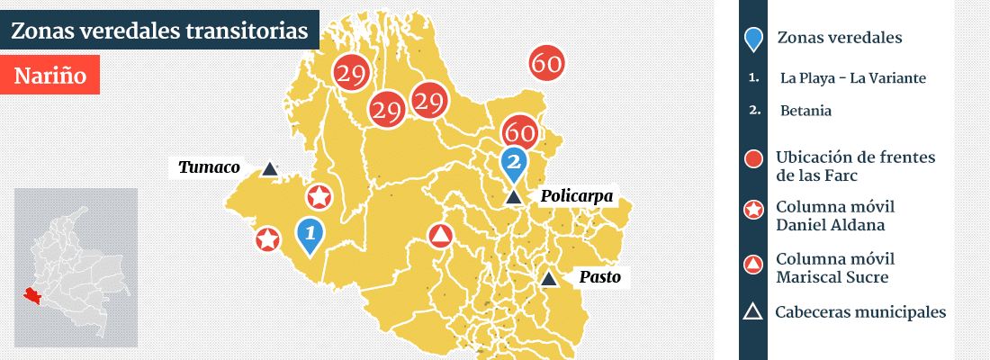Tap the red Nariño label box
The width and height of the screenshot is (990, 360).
50,76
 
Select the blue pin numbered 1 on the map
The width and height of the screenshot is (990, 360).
310,236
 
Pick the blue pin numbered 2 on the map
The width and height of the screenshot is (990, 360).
514,164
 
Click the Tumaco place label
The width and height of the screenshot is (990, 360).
209,167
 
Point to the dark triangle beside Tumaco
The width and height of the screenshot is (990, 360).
269,167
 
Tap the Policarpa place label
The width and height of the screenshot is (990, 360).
576,196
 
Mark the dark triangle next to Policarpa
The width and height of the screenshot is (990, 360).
513,197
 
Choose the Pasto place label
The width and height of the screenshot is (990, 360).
599,277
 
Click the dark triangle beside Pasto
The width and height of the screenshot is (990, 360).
548,279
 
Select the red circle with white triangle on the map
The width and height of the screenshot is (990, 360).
440,236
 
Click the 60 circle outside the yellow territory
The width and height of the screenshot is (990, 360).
547,63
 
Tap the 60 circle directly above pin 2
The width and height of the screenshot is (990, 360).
520,131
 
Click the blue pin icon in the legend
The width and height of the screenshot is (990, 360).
754,39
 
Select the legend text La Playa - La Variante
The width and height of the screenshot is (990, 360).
852,78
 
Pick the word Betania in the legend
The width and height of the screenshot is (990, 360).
805,111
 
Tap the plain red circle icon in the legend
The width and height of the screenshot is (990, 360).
754,159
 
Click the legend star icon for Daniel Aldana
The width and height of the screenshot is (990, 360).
754,210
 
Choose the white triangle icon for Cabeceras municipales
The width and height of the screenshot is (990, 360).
753,312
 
